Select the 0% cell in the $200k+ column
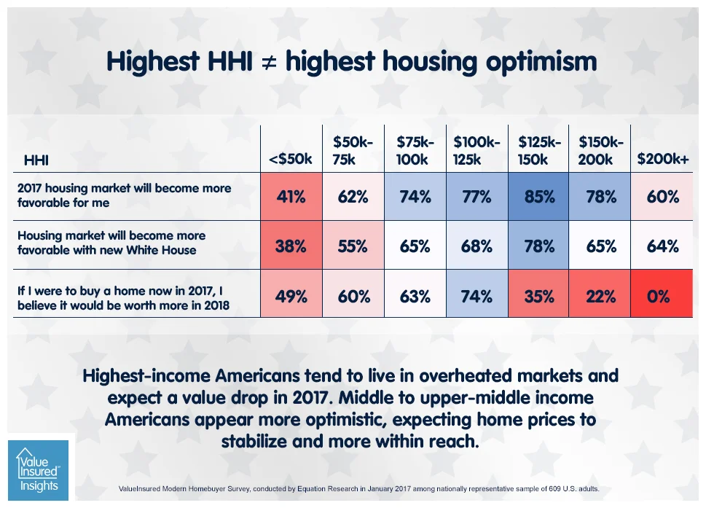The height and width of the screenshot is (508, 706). coord(662,297)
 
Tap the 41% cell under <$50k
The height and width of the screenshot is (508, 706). coord(291,196)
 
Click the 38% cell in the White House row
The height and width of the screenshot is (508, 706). coord(291,246)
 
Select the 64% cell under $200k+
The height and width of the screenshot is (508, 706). coord(662,246)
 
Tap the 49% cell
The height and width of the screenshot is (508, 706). coord(291,297)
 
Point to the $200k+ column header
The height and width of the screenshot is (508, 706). coord(662,160)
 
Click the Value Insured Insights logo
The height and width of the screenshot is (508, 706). coord(37,469)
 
